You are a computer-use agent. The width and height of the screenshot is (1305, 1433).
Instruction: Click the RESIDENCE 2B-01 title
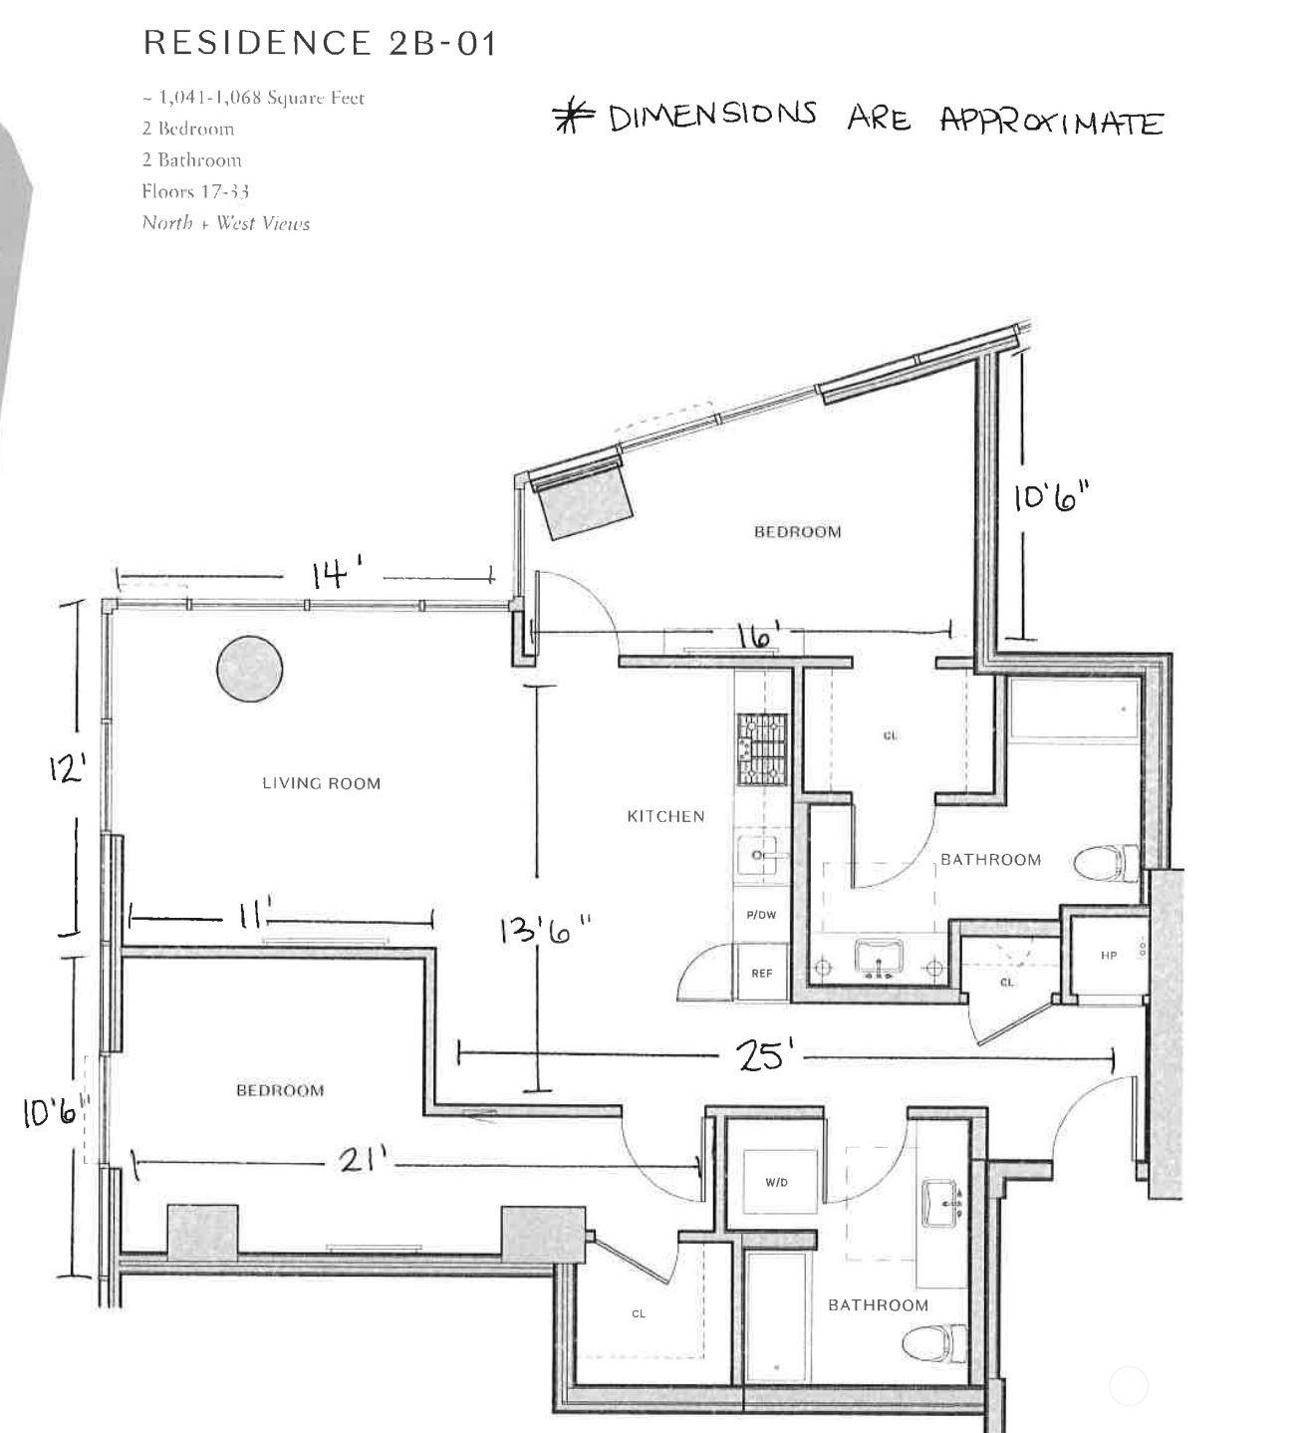(319, 43)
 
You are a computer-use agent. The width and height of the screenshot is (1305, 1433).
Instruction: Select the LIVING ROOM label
(321, 783)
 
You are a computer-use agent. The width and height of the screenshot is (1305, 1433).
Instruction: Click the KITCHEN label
(665, 816)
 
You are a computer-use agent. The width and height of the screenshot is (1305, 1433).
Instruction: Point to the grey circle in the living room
(249, 669)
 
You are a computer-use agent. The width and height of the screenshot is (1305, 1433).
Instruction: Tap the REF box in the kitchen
(761, 974)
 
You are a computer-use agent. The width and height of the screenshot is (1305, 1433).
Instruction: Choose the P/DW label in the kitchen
(761, 914)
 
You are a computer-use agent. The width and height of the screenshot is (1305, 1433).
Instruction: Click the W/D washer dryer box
(776, 1182)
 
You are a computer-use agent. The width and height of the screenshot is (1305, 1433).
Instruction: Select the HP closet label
(1109, 955)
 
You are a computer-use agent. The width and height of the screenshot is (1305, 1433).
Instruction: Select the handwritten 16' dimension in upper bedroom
(758, 635)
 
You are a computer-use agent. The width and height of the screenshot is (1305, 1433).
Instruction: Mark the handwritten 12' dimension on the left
(67, 768)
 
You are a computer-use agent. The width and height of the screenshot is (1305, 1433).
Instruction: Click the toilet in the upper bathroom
(1108, 862)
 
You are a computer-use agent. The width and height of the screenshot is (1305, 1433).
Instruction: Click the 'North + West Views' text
(225, 223)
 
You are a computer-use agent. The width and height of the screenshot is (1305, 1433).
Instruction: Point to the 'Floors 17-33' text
(194, 191)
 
